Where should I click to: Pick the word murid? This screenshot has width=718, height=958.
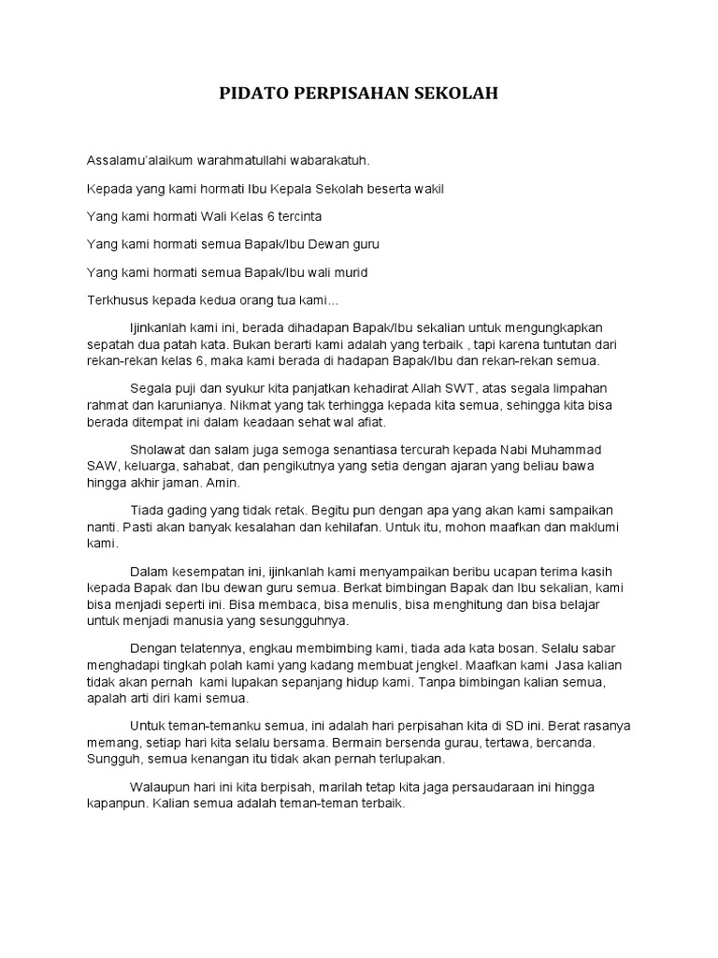pyautogui.click(x=348, y=271)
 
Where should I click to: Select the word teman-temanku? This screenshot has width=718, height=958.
pyautogui.click(x=211, y=725)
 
